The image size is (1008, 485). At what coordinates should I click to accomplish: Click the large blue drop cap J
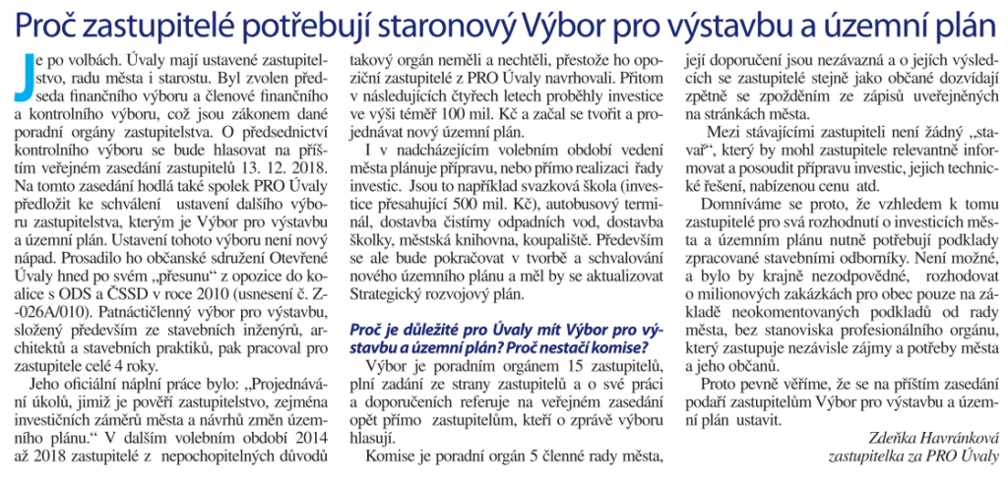pos(19,76)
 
